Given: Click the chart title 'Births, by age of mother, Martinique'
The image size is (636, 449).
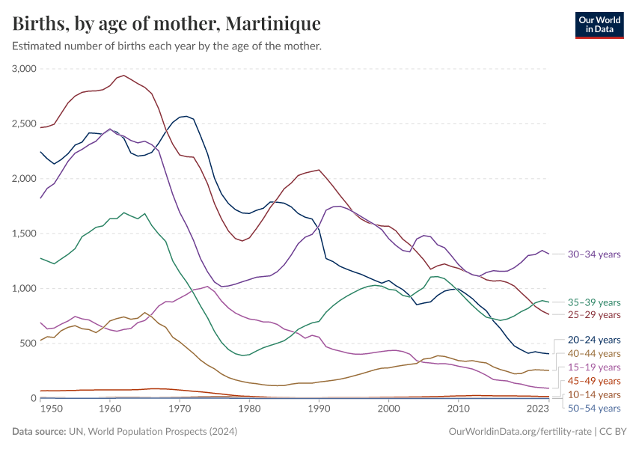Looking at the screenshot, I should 166,24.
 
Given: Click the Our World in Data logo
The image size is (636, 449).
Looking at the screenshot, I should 599,25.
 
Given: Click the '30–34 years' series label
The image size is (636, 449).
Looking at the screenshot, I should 594,254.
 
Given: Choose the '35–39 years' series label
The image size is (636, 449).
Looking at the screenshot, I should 594,302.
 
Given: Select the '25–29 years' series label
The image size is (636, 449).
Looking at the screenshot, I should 594,315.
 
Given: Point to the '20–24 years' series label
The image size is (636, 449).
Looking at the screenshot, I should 594,340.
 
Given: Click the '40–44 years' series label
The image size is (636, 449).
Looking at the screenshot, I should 594,353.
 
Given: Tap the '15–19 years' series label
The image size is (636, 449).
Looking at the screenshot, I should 594,367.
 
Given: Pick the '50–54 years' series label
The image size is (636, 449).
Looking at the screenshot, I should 594,408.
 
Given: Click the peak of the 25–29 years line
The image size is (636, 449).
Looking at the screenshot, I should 123,75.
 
